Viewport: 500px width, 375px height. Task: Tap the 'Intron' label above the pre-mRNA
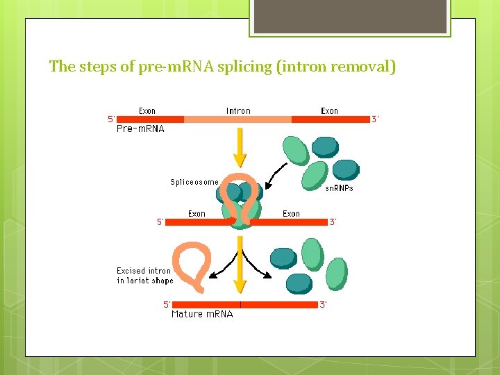[x=238, y=110]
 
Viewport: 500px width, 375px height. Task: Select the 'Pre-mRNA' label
[x=140, y=129]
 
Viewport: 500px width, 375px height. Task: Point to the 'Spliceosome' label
[x=194, y=182]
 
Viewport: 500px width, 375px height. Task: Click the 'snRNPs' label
[x=340, y=188]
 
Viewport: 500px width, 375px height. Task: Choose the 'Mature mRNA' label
[x=202, y=314]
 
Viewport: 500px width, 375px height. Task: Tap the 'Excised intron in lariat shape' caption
[x=144, y=276]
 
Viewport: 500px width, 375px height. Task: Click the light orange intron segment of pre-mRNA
[x=237, y=119]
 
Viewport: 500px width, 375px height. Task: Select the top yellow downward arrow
[x=240, y=149]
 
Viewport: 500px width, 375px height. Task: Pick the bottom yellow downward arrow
[x=240, y=267]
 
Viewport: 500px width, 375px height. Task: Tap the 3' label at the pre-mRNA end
[x=375, y=119]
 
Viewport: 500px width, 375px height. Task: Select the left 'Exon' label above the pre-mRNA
[x=147, y=110]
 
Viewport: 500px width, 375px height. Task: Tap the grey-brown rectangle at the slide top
[x=350, y=16]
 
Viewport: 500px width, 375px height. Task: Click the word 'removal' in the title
[x=362, y=67]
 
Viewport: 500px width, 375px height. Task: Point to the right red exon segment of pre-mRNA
[x=331, y=119]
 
